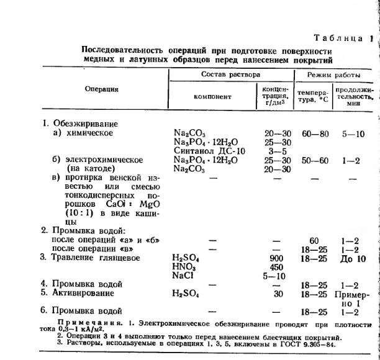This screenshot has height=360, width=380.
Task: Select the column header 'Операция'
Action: [102, 89]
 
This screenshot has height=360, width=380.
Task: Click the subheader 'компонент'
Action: [212, 97]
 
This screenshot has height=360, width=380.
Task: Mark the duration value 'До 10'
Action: [353, 258]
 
